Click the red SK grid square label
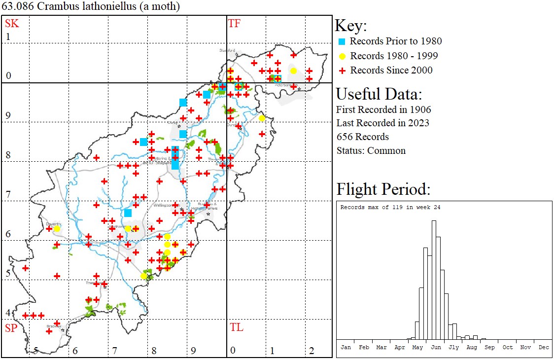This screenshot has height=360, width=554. click(11, 23)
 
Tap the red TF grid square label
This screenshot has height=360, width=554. click(234, 23)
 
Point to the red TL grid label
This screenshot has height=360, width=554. click(236, 327)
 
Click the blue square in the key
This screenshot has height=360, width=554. click(342, 41)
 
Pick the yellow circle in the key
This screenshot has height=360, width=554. click(342, 56)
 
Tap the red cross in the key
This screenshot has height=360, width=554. click(342, 71)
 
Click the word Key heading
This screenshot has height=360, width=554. click(350, 26)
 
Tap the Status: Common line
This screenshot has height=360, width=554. click(371, 150)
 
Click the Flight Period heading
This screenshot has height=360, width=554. click(383, 189)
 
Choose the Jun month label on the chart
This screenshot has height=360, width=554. click(436, 347)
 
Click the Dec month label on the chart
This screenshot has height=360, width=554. click(544, 347)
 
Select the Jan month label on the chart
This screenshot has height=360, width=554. click(346, 347)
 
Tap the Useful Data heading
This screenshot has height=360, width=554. click(379, 94)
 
